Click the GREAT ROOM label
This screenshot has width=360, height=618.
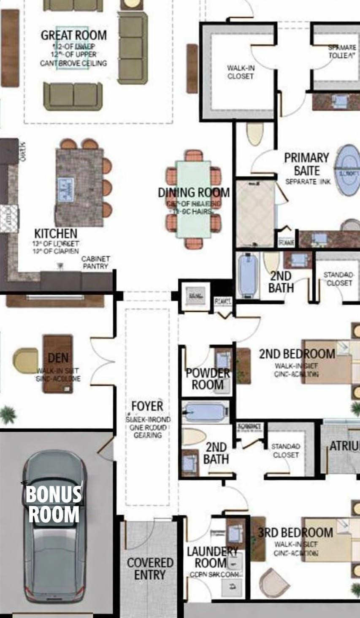73,35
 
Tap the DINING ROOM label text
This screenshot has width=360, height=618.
194,193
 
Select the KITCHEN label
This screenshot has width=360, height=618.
56,233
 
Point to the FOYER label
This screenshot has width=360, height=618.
147,406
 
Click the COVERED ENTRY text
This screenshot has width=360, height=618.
150,568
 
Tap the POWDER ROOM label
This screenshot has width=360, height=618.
208,379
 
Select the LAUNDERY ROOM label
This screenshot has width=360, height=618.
212,557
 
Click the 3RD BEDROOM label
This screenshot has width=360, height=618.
295,532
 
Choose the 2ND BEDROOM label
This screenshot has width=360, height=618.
297,354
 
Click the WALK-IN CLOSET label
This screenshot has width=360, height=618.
241,72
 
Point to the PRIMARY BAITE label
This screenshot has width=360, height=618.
306,164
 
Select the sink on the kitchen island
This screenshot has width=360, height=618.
65,188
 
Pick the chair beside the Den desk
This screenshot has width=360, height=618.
25,360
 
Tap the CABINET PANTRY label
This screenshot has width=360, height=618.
96,262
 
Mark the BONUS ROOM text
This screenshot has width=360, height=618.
54,505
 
